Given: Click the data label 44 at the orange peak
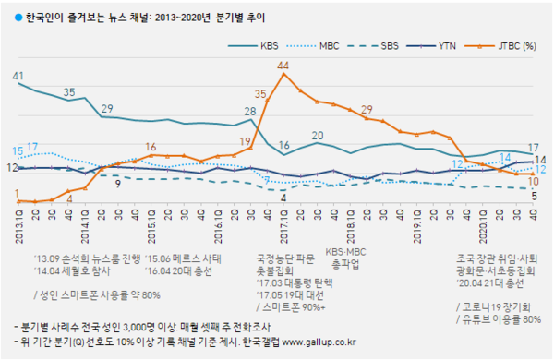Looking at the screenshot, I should click(283, 65).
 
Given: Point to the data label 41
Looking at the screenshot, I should click(18, 75).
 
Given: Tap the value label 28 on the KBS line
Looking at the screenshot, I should click(250, 112).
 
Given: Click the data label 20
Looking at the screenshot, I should click(317, 135).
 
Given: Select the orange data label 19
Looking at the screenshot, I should click(245, 140).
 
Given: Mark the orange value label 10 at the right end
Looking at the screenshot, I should click(533, 181).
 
